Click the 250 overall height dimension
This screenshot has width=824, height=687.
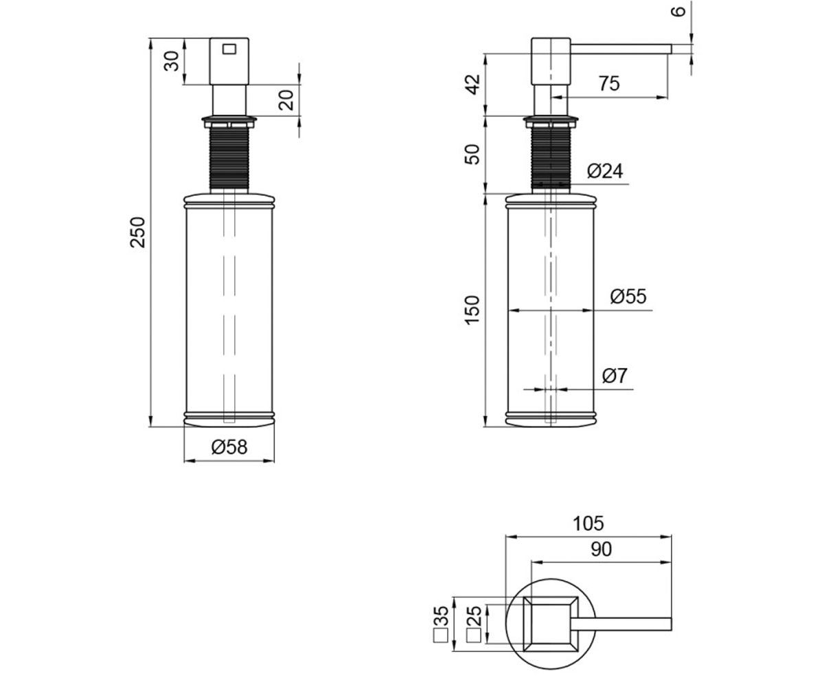coord(138,232)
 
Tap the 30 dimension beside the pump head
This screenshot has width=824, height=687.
coord(172,61)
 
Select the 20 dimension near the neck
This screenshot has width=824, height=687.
coord(286,100)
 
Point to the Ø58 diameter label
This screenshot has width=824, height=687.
coord(229,447)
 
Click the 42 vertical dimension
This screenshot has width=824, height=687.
coord(473,85)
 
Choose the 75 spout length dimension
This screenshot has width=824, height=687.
coord(609,83)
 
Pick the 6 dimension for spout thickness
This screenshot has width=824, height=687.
coord(678,12)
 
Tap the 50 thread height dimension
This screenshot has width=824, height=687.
coord(472,155)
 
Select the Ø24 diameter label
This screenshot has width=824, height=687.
coord(605,171)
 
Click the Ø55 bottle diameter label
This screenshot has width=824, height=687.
coord(628,296)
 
